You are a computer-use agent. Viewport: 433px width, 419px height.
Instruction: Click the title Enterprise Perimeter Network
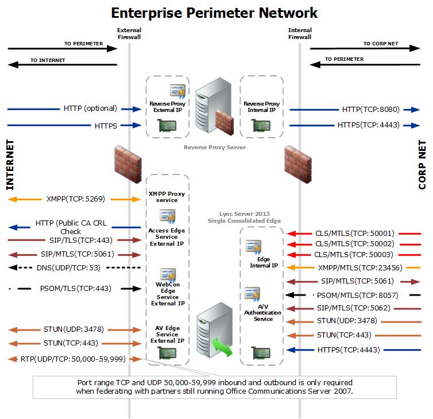click(214, 12)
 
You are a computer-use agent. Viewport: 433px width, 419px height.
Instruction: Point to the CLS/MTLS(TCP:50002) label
click(346, 244)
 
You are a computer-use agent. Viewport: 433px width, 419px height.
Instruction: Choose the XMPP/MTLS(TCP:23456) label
click(359, 267)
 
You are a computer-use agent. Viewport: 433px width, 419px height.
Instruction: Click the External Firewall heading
click(129, 33)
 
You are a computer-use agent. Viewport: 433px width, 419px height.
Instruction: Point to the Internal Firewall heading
click(299, 33)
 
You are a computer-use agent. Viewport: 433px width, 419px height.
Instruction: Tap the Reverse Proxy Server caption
click(214, 148)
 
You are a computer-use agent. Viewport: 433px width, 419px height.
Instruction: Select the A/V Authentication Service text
click(262, 312)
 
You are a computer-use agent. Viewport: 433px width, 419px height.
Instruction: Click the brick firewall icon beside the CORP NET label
click(299, 161)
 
